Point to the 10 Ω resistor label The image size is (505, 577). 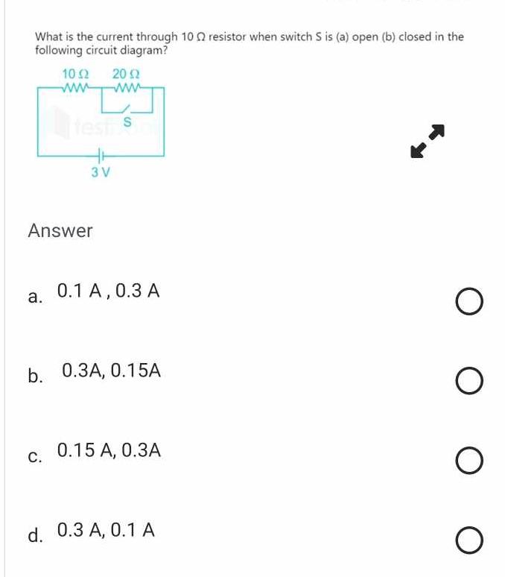click(76, 74)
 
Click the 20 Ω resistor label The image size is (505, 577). click(126, 74)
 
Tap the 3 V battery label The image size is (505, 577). click(101, 172)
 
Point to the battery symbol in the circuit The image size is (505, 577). click(101, 156)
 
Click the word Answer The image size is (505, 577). click(60, 231)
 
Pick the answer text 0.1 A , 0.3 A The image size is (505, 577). click(108, 291)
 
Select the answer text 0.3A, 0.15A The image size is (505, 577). click(112, 370)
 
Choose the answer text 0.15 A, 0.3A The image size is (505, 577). click(109, 450)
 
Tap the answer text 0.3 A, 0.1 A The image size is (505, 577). click(106, 530)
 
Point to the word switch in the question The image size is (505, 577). click(279, 36)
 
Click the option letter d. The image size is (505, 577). click(34, 535)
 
